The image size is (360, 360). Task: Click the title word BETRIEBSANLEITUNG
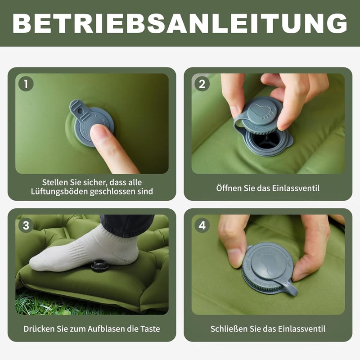click(180, 23)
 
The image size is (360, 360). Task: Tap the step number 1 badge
click(26, 84)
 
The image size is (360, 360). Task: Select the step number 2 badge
click(202, 84)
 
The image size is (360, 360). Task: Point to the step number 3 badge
click(26, 225)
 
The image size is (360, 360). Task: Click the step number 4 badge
click(202, 225)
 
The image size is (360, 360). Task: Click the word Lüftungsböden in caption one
click(59, 192)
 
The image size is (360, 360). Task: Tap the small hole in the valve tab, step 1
click(80, 111)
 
